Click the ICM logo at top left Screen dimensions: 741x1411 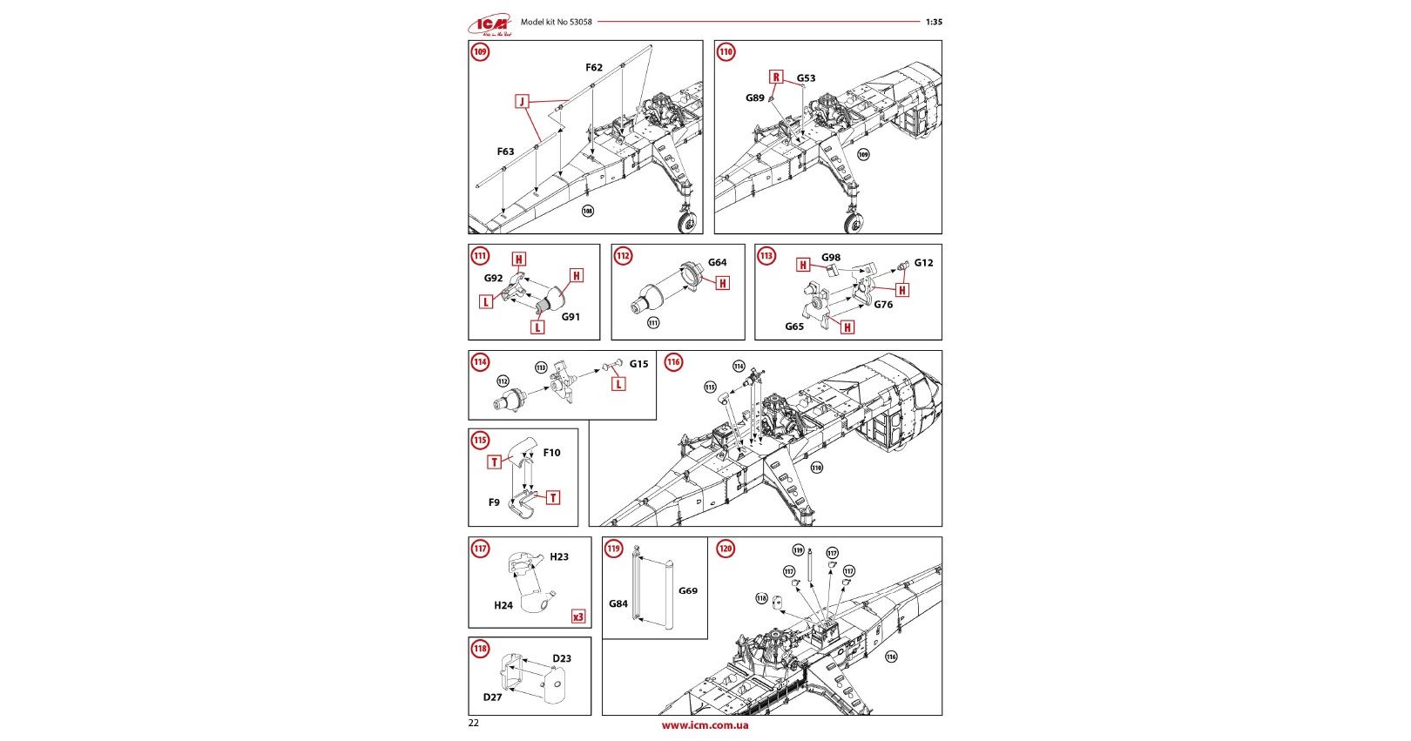pyautogui.click(x=491, y=24)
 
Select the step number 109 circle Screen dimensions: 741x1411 pyautogui.click(x=480, y=52)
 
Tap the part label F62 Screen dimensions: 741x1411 pyautogui.click(x=594, y=68)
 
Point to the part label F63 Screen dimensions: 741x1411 pyautogui.click(x=505, y=152)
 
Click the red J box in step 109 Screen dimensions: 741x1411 pyautogui.click(x=522, y=102)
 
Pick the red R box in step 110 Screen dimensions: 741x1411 pyautogui.click(x=776, y=77)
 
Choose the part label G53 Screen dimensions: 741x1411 pyautogui.click(x=807, y=78)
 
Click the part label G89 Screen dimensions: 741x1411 pyautogui.click(x=755, y=98)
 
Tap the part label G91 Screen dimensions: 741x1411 pyautogui.click(x=570, y=317)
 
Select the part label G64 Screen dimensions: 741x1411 pyautogui.click(x=717, y=263)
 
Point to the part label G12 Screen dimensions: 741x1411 pyautogui.click(x=923, y=263)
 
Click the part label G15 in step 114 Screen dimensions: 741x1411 pyautogui.click(x=638, y=365)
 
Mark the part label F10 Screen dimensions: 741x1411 pyautogui.click(x=552, y=453)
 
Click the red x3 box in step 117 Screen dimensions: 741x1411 pyautogui.click(x=578, y=616)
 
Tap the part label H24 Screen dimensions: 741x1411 pyautogui.click(x=503, y=605)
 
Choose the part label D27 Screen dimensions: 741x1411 pyautogui.click(x=493, y=697)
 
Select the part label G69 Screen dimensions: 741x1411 pyautogui.click(x=688, y=591)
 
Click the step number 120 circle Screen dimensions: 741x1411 pyautogui.click(x=726, y=549)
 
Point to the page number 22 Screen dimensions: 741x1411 pyautogui.click(x=474, y=723)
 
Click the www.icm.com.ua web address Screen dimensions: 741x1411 pyautogui.click(x=705, y=725)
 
